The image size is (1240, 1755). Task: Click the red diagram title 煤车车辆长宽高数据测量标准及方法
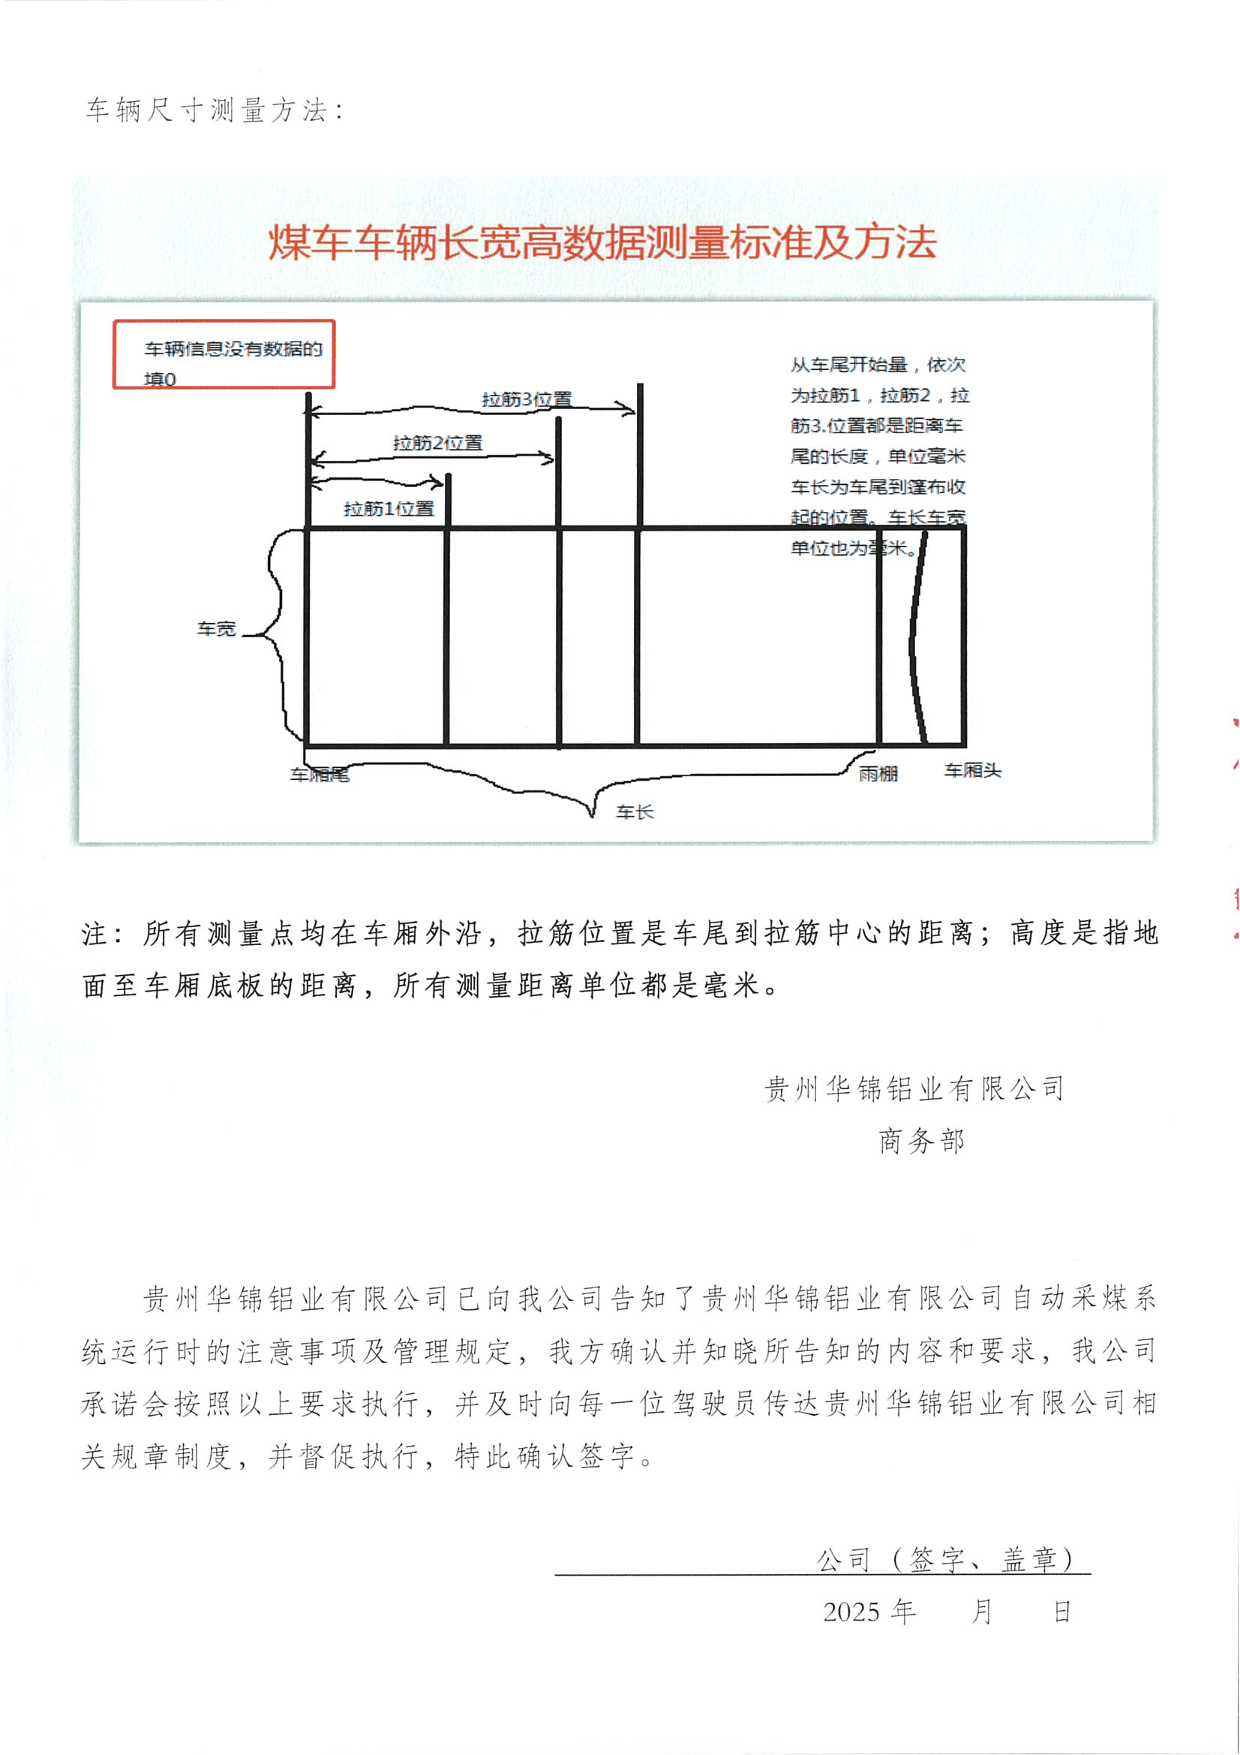pos(602,242)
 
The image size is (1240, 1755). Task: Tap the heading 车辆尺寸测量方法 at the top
pos(206,110)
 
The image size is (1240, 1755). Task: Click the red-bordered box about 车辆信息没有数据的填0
pos(224,354)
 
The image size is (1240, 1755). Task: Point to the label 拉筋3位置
pos(527,399)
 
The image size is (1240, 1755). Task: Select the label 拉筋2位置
pos(438,443)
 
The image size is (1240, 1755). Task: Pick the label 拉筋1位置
pos(389,508)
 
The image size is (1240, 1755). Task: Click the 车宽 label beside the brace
pos(216,628)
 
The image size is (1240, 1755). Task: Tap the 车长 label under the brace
pos(635,811)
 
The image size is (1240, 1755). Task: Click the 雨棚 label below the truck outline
pos(878,774)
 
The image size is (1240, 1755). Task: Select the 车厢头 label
pos(972,770)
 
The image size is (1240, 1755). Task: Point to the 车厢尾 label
pos(320,775)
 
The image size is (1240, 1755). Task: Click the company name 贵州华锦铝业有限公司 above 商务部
pos(914,1088)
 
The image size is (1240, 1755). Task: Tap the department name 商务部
pos(921,1141)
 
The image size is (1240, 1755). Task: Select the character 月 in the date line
pos(981,1612)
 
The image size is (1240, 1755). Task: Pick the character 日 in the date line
pos(1062,1612)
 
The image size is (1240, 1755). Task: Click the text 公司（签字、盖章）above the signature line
pos(946,1559)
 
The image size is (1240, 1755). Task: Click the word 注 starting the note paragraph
pos(95,934)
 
